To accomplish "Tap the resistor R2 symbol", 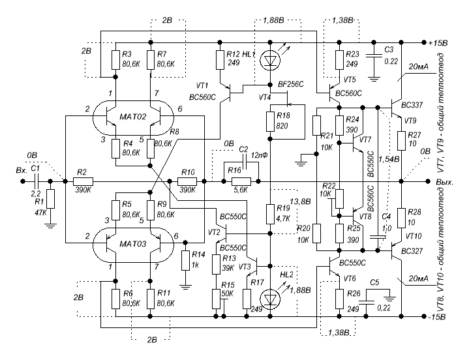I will (x=83, y=182).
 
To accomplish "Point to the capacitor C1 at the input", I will (x=35, y=182).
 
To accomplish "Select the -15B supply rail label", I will (x=436, y=318).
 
